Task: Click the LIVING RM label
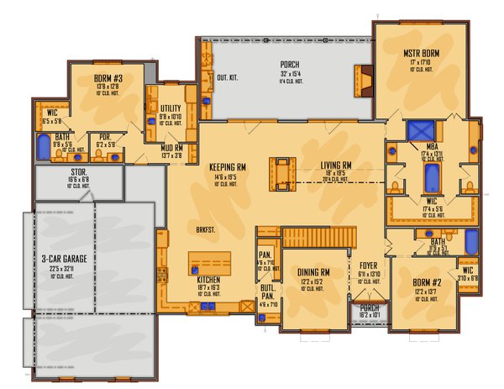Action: point(335,166)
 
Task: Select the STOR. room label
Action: point(81,171)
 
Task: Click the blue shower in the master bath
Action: point(419,132)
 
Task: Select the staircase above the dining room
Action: point(315,238)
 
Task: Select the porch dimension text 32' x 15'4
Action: point(290,74)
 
